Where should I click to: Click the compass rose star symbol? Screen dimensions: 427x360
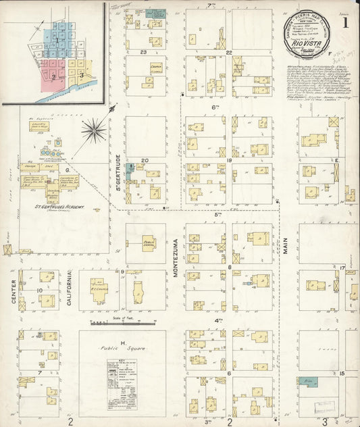(x=95, y=128)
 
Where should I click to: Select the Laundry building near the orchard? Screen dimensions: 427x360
(x=40, y=126)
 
